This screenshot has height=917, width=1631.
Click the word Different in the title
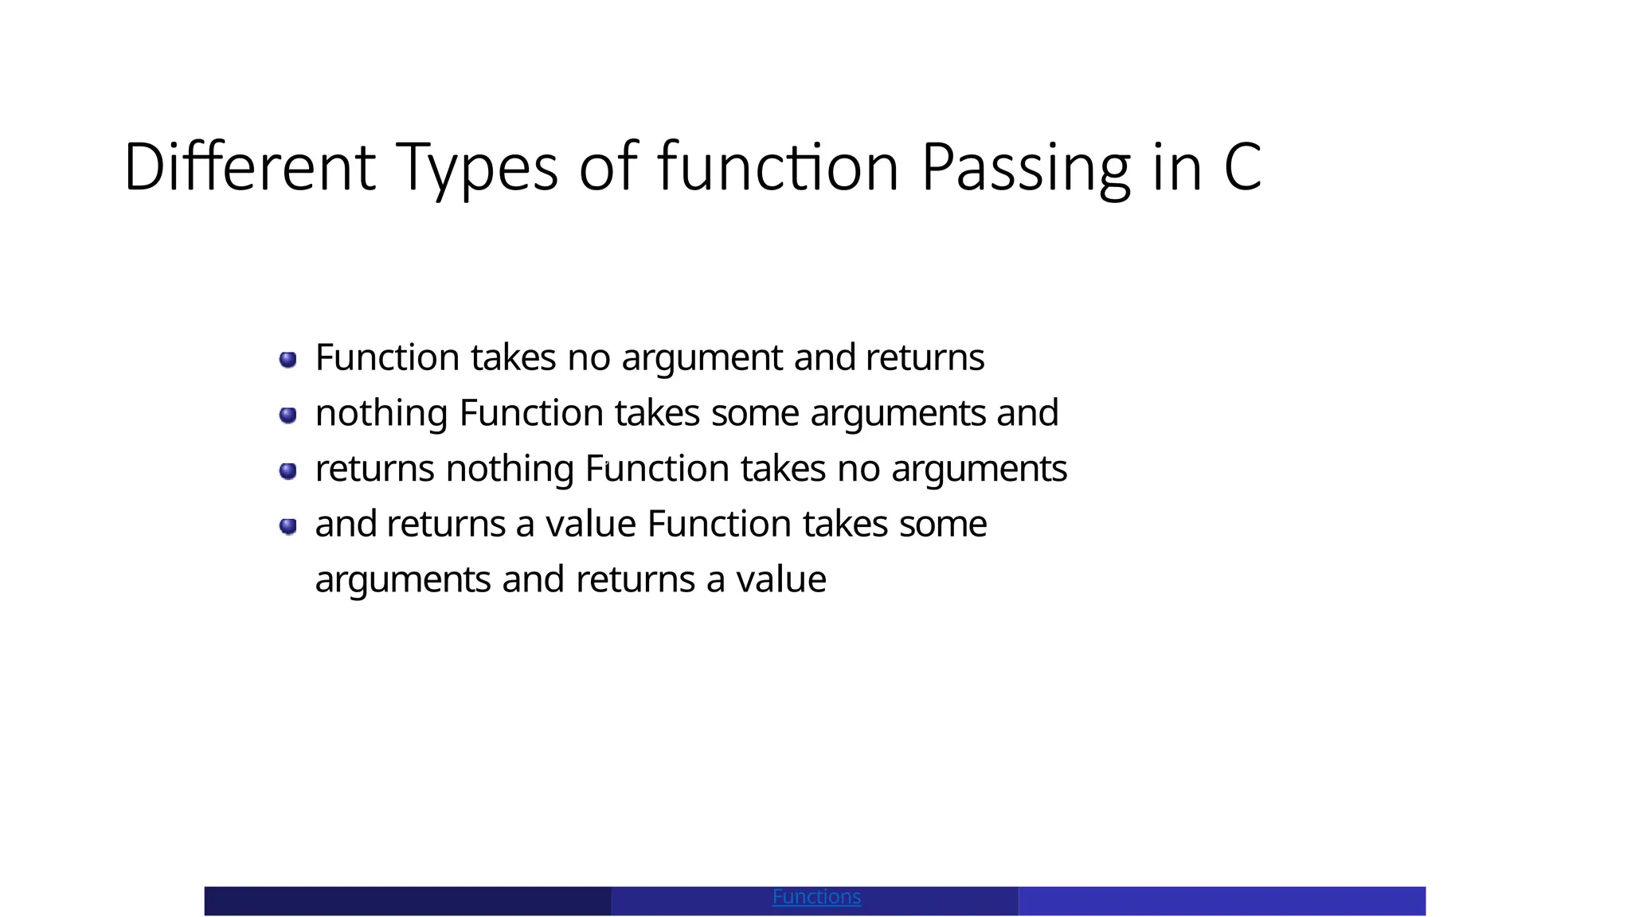tap(249, 167)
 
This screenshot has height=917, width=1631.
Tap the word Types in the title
tap(476, 169)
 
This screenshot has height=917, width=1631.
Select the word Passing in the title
tap(1026, 169)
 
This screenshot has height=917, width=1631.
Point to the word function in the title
tap(778, 167)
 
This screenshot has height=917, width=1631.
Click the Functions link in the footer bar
tap(816, 897)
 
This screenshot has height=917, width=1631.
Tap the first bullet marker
tap(288, 360)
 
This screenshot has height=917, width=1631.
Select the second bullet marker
tap(288, 415)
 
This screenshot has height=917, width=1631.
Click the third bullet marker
tap(288, 470)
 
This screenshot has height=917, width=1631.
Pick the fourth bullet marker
tap(288, 526)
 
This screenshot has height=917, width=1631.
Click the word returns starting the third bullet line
tap(374, 469)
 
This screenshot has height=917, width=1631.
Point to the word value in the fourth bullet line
tap(590, 525)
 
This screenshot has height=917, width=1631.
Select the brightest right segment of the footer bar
tap(1222, 901)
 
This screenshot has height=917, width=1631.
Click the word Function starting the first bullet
tap(387, 357)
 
